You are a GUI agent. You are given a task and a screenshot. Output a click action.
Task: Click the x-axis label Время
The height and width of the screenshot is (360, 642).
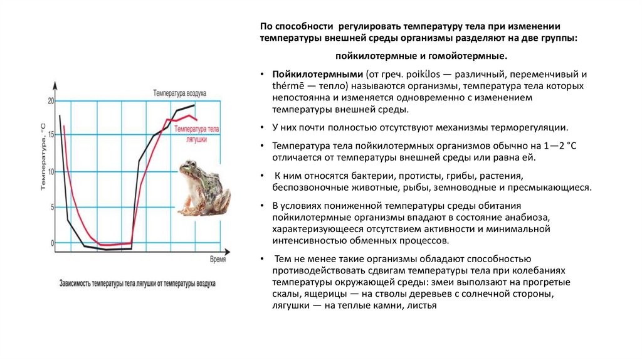(218, 258)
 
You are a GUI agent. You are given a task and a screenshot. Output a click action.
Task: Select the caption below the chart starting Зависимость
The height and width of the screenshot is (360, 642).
(137, 283)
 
